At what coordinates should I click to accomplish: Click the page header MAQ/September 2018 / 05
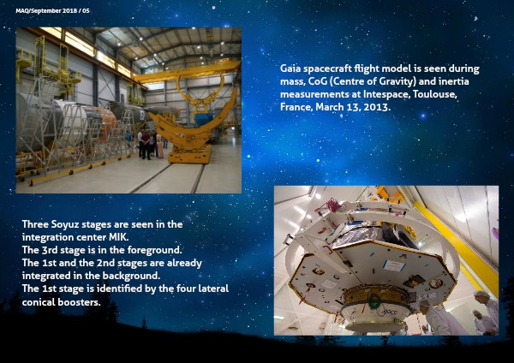(x=52, y=11)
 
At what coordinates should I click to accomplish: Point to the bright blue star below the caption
(x=423, y=116)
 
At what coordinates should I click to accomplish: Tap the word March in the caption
(x=338, y=107)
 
